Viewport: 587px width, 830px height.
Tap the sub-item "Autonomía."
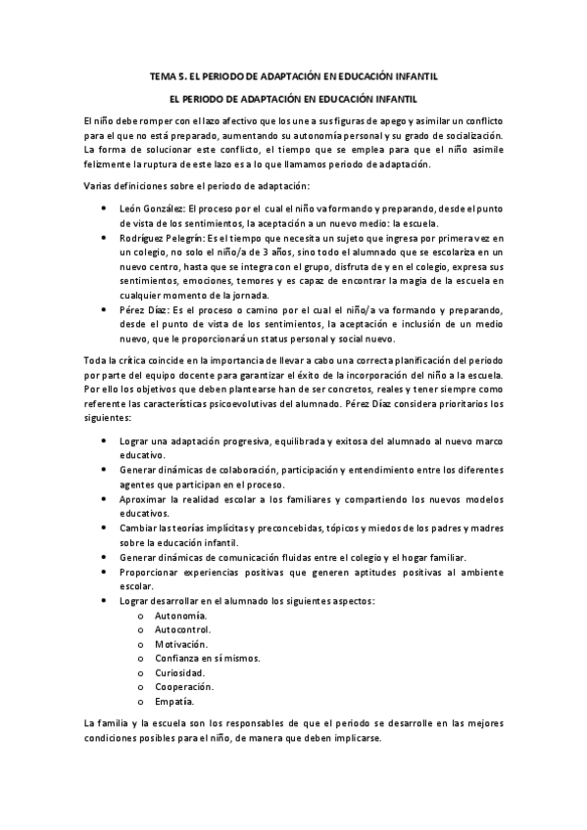point(181,616)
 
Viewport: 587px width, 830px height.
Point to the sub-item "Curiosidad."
point(180,673)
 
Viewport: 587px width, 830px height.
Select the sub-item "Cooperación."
point(184,687)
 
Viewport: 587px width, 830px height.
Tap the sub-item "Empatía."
point(174,702)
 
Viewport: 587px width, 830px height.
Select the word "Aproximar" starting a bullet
point(140,499)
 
